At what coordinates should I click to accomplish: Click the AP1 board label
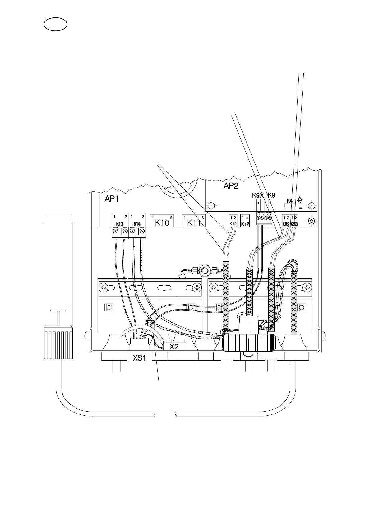pyautogui.click(x=112, y=199)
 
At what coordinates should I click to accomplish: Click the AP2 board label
pyautogui.click(x=231, y=186)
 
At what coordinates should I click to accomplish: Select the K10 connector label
pyautogui.click(x=162, y=222)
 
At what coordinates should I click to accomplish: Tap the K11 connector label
pyautogui.click(x=194, y=222)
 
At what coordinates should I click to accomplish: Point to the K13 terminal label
pyautogui.click(x=120, y=224)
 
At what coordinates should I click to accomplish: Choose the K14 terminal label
pyautogui.click(x=137, y=224)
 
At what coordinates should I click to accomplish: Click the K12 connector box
pyautogui.click(x=233, y=220)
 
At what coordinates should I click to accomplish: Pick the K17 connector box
pyautogui.click(x=245, y=220)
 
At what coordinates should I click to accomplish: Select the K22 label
pyautogui.click(x=286, y=224)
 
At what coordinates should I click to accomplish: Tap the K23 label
pyautogui.click(x=294, y=224)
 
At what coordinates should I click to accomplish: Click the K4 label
pyautogui.click(x=289, y=201)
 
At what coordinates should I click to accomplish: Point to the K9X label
pyautogui.click(x=258, y=195)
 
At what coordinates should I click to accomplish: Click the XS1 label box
pyautogui.click(x=139, y=358)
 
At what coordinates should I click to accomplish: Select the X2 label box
pyautogui.click(x=174, y=347)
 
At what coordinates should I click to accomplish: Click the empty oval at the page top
pyautogui.click(x=55, y=25)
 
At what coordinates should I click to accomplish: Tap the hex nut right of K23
pyautogui.click(x=310, y=222)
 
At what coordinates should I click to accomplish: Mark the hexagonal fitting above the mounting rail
pyautogui.click(x=204, y=269)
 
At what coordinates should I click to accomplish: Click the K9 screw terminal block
pyautogui.click(x=264, y=218)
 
